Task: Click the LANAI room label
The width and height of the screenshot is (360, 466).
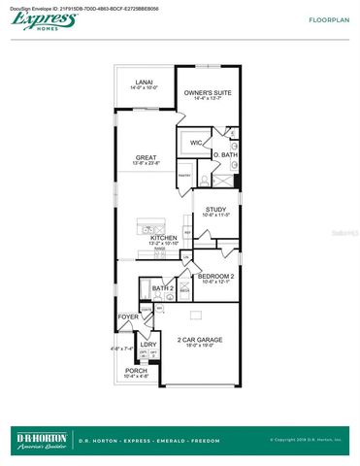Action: tap(144, 83)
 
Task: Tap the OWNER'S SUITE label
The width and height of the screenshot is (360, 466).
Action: tap(208, 92)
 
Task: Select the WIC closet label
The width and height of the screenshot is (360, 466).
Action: tap(196, 143)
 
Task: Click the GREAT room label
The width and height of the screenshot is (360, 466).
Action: tap(147, 157)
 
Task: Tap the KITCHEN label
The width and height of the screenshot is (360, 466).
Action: tap(162, 237)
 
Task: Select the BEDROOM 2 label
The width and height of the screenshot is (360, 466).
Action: tap(213, 276)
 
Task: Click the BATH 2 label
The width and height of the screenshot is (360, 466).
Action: tap(166, 288)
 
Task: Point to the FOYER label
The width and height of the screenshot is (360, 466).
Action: tap(128, 316)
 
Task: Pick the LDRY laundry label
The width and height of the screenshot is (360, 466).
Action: tap(148, 344)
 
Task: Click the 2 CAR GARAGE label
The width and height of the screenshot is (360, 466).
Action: tap(200, 339)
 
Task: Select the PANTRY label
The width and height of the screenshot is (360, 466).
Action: tap(182, 176)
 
